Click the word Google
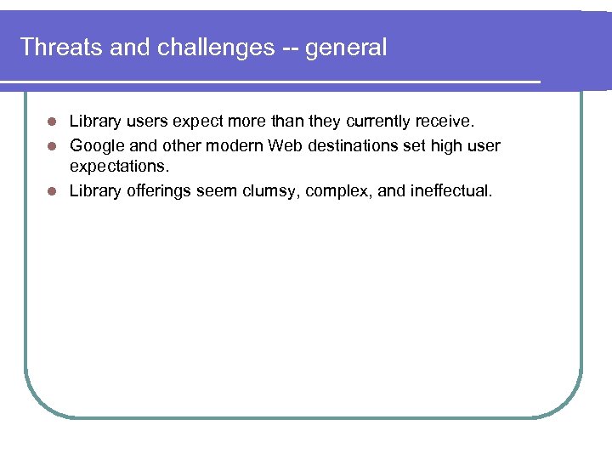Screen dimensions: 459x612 tap(96, 146)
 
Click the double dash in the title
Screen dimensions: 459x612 tap(288, 48)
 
